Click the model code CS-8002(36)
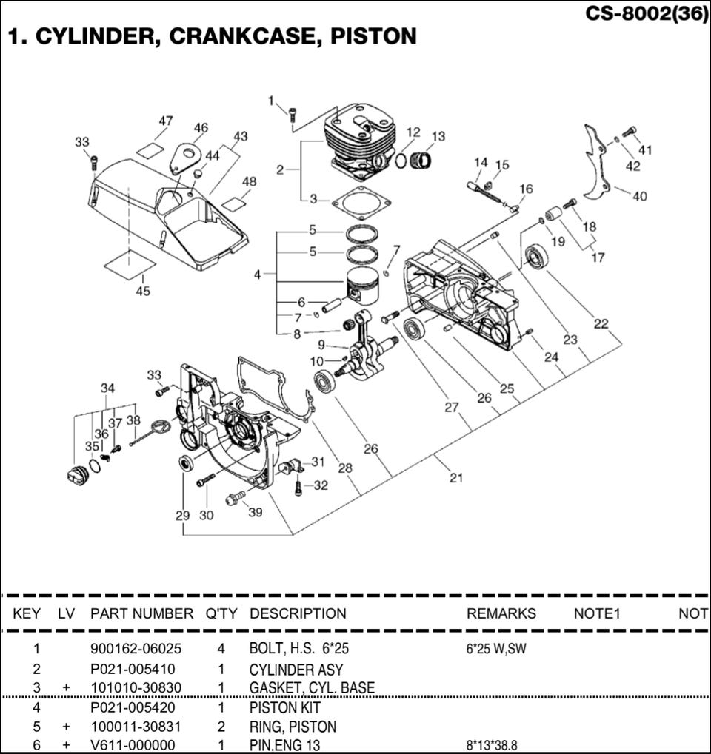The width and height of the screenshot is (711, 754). [x=646, y=14]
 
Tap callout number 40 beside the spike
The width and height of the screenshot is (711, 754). [x=640, y=196]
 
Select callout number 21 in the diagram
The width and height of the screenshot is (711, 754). [x=456, y=477]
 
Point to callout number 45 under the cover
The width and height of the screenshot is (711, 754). [x=143, y=291]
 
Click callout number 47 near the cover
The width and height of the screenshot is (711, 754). [x=166, y=121]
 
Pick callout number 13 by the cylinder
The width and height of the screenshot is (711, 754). [x=438, y=136]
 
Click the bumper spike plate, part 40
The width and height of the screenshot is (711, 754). [x=598, y=163]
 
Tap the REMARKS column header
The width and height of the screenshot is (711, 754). [x=501, y=613]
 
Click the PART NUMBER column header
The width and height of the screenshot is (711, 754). [x=141, y=613]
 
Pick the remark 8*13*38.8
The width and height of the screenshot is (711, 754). [x=492, y=745]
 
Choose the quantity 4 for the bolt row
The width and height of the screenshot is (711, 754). [x=221, y=649]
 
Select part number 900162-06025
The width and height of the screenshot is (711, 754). [x=136, y=649]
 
